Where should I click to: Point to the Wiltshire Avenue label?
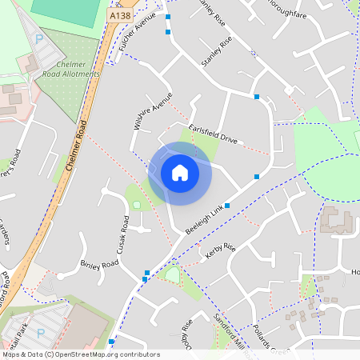152,111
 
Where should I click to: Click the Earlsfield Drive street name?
213,134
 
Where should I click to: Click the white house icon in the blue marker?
180,173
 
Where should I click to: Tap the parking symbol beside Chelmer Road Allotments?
39,39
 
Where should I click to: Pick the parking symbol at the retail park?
40,332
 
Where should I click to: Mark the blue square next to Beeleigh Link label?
227,206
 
